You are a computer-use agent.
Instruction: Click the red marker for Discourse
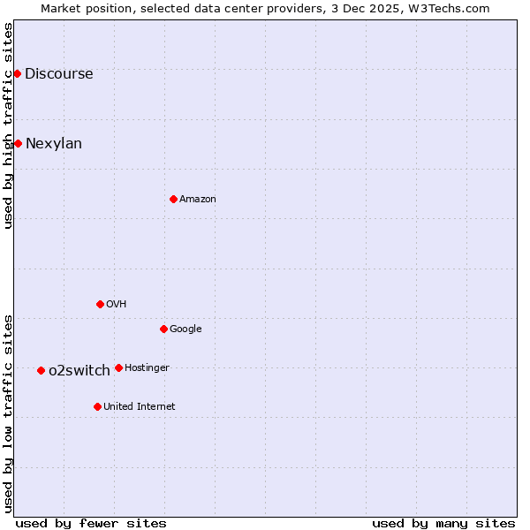(x=17, y=73)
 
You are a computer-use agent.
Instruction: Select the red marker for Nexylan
(x=18, y=143)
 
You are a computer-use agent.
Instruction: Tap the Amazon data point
(x=173, y=199)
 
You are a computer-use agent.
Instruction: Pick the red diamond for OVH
(x=100, y=304)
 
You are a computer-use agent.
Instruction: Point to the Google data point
(x=163, y=329)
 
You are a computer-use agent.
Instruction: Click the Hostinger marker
(x=118, y=367)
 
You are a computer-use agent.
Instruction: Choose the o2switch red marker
(x=41, y=370)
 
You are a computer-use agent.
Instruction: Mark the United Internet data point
(x=97, y=406)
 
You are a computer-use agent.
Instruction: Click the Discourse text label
(x=58, y=73)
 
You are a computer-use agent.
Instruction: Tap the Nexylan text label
(x=54, y=143)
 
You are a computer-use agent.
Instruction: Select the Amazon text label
(x=198, y=199)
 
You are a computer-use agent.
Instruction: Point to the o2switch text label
(x=79, y=370)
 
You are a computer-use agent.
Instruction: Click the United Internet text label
(x=140, y=406)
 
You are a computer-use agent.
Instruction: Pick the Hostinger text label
(x=147, y=367)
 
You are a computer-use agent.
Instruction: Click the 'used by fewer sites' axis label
(x=91, y=523)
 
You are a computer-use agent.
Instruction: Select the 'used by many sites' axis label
(x=443, y=523)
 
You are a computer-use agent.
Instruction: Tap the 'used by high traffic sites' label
(x=8, y=125)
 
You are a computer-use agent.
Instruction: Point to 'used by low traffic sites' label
(x=8, y=413)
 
